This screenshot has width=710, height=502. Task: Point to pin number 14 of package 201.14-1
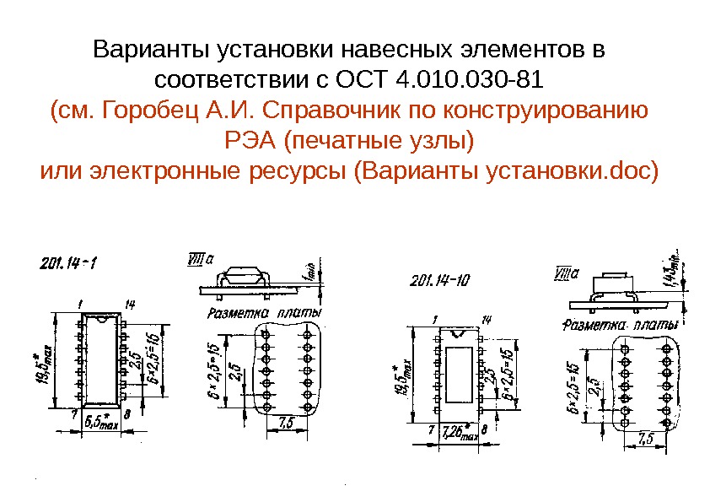click(130, 303)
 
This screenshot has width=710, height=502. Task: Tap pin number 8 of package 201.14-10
click(484, 429)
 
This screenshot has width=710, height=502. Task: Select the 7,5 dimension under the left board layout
click(285, 422)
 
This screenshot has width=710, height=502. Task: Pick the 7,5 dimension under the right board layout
click(647, 438)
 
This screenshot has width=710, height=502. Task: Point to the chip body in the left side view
click(245, 273)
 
